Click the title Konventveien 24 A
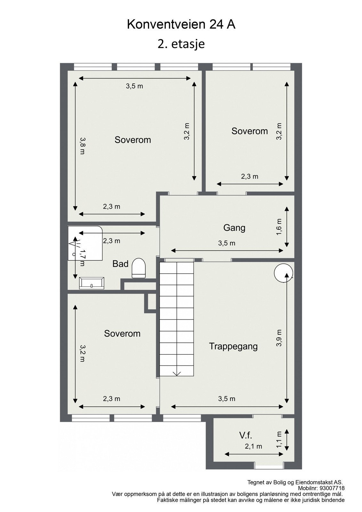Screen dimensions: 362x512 (181, 25)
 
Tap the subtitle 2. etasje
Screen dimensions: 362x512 (181, 44)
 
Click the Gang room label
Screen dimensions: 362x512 (234, 228)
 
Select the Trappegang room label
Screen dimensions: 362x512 (233, 347)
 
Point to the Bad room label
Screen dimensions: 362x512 (120, 264)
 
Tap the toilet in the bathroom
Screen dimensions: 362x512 (139, 268)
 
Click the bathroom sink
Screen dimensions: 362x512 (92, 283)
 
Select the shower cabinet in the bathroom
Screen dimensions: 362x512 (85, 243)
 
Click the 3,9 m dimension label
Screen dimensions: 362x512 (279, 338)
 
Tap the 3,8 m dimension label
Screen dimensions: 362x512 (82, 146)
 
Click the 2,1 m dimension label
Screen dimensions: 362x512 (253, 446)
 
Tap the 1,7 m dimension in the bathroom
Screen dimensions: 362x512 (82, 258)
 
